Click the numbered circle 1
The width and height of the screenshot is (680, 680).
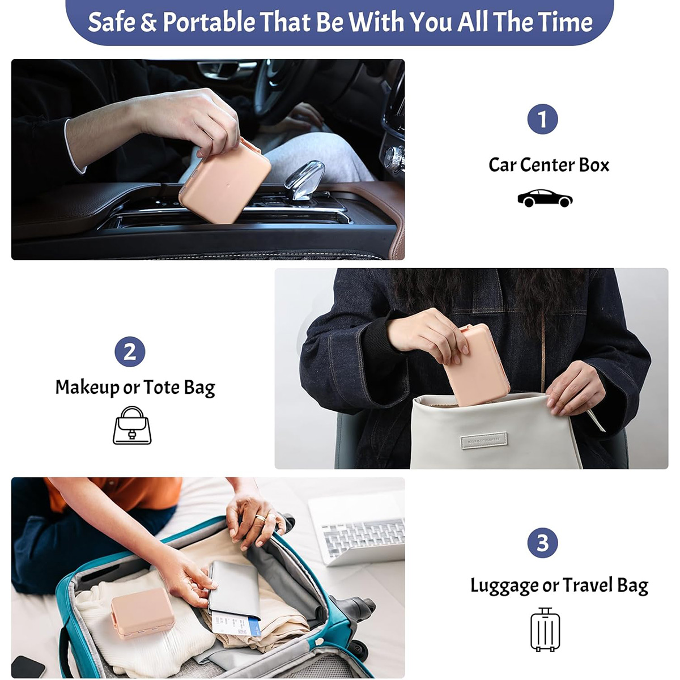coord(542,119)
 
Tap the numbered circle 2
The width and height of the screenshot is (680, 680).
coord(130,351)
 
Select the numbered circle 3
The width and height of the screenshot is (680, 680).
coord(542,542)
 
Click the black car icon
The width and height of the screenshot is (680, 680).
coord(545,198)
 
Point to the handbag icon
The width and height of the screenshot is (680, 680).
coord(132,425)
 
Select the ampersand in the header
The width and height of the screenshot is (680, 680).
coord(148,22)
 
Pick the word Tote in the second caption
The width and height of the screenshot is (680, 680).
coord(161,387)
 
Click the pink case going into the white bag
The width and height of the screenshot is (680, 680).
coord(477,365)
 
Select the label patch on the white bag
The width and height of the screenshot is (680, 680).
coord(484,440)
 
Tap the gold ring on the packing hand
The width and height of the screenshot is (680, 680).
coord(261,518)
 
